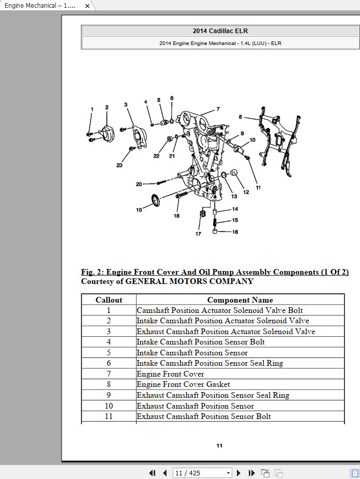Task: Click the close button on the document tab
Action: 87,6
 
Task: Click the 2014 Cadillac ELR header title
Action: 220,31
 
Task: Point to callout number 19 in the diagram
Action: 139,209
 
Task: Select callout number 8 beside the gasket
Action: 240,117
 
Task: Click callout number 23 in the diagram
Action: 119,166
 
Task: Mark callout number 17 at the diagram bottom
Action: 198,234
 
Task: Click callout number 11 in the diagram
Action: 258,188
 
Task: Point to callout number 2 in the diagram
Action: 107,108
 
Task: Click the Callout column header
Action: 109,300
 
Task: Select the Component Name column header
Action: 240,300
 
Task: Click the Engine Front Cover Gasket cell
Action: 183,384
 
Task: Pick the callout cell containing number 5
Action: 109,353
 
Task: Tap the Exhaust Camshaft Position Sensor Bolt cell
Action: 204,416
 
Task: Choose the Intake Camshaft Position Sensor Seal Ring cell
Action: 209,363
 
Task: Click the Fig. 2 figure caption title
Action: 215,272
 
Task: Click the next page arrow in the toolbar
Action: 238,473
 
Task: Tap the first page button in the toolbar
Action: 152,473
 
